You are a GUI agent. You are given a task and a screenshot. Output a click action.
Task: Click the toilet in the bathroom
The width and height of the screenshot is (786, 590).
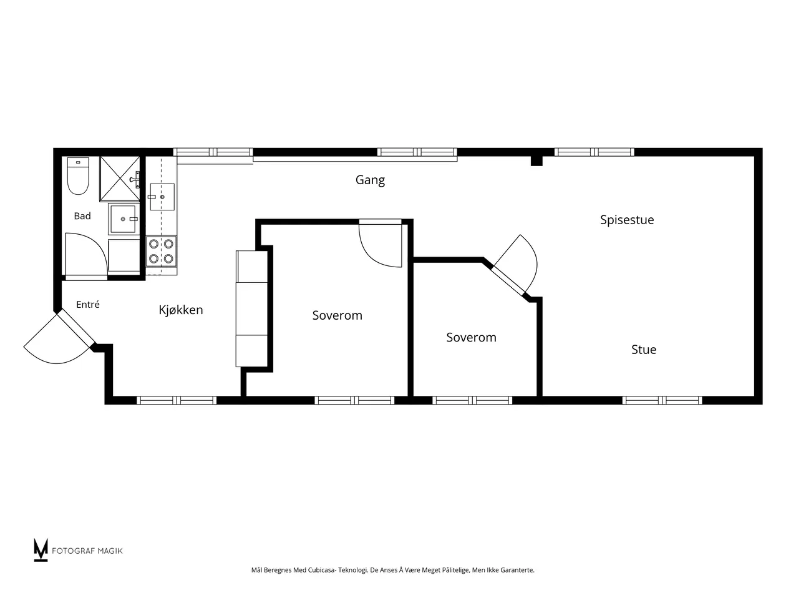(x=78, y=175)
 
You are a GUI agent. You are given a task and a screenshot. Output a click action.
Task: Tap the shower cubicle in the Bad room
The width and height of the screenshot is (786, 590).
(x=120, y=179)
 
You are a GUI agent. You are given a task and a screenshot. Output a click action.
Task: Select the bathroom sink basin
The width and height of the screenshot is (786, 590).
(x=123, y=219)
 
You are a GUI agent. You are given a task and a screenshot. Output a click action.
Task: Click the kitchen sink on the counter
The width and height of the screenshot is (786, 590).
(x=162, y=197)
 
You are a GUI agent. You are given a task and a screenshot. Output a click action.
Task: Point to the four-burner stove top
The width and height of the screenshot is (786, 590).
(x=161, y=251)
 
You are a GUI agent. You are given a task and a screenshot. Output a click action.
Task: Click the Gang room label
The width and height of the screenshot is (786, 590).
(x=370, y=180)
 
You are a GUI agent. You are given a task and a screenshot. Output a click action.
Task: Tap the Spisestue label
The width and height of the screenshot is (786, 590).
(x=627, y=220)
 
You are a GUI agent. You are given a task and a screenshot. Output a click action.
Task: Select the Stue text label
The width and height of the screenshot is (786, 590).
(x=644, y=349)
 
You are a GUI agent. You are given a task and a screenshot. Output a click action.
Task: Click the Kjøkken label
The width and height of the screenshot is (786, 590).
(x=180, y=310)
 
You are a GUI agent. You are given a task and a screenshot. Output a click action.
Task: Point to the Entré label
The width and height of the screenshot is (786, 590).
(x=88, y=304)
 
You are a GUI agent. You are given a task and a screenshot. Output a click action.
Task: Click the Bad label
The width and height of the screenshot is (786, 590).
(x=82, y=215)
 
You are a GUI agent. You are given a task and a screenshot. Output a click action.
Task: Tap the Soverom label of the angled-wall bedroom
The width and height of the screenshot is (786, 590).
(x=471, y=337)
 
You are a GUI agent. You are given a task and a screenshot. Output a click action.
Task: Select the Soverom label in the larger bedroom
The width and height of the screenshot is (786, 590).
(x=337, y=315)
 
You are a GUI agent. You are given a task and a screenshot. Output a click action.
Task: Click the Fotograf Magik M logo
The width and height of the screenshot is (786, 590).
(x=41, y=549)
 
